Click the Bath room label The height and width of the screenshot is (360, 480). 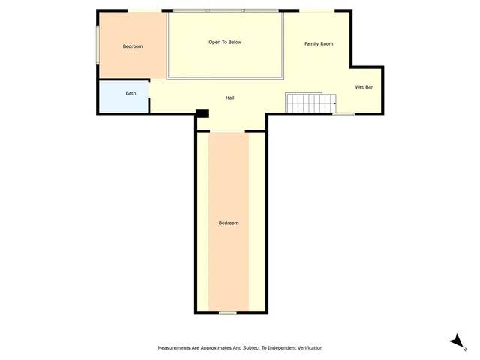coord(130,93)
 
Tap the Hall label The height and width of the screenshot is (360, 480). coord(231,97)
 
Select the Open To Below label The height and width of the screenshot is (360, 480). coord(225,43)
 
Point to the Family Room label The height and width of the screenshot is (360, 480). coord(319,44)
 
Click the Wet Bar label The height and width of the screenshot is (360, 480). coord(364,87)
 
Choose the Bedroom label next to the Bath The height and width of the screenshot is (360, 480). coord(133,46)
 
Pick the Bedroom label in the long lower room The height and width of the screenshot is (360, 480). coord(229,223)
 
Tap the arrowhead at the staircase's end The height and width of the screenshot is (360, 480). coord(334,103)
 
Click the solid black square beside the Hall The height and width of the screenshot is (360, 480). coord(201,113)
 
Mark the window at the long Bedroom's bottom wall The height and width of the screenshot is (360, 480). coord(228,312)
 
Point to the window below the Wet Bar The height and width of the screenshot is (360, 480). coord(343,114)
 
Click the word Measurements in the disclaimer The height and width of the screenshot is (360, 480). coord(174,348)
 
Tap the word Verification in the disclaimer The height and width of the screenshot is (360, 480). coord(307,348)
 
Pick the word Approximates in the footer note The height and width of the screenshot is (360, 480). coord(213,348)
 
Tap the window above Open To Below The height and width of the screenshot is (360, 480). coord(225,10)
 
